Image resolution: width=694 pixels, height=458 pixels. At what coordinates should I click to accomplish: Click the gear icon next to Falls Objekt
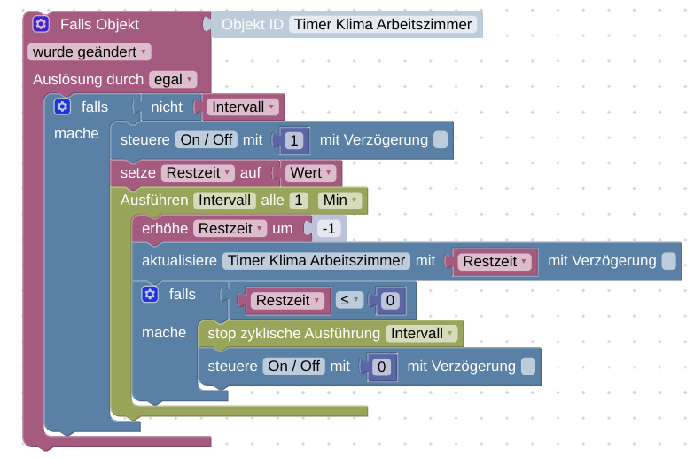[41, 24]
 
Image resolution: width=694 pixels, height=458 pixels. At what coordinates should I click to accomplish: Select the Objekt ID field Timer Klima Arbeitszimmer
[383, 24]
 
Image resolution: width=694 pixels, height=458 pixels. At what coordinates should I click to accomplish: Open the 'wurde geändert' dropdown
[90, 52]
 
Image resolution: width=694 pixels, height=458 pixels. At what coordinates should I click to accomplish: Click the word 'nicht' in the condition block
[167, 107]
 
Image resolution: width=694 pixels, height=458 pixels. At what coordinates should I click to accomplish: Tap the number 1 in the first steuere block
[296, 140]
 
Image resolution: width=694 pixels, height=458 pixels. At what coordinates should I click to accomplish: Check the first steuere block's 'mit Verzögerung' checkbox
[441, 140]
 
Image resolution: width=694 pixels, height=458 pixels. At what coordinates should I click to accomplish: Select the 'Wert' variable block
[311, 173]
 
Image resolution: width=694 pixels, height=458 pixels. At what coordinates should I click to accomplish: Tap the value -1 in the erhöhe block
[329, 229]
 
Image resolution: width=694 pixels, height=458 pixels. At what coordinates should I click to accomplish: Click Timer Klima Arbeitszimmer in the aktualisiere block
[316, 261]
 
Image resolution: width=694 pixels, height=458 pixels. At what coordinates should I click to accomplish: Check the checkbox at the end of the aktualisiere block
[668, 261]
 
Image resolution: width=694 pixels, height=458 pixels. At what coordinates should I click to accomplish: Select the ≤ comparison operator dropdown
[349, 301]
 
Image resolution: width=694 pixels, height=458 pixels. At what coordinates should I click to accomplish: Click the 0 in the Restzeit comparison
[389, 301]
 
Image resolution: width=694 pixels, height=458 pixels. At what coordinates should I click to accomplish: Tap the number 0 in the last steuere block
[381, 367]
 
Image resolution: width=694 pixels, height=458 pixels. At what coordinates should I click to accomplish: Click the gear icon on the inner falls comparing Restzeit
[150, 295]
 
